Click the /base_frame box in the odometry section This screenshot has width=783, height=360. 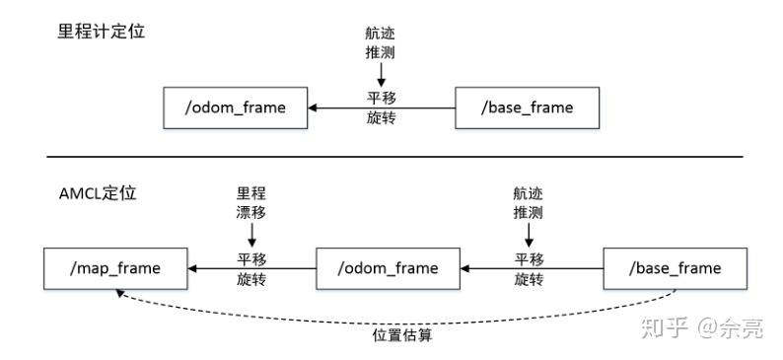pos(527,107)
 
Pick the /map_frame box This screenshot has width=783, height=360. pos(116,268)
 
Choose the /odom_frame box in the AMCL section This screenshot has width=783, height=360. pos(390,268)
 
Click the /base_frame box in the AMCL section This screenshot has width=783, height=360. pos(675,268)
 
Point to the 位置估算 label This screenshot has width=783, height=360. pos(402,334)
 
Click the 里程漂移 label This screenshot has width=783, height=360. pos(252,203)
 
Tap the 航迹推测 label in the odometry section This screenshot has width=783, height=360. pos(380,41)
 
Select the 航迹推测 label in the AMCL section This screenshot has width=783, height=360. pos(530,203)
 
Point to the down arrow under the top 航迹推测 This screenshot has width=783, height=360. pos(380,74)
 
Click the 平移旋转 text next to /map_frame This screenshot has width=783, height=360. pos(252,268)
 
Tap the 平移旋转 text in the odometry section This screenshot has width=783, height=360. pos(380,107)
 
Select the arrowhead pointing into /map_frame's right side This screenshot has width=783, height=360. pos(195,268)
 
